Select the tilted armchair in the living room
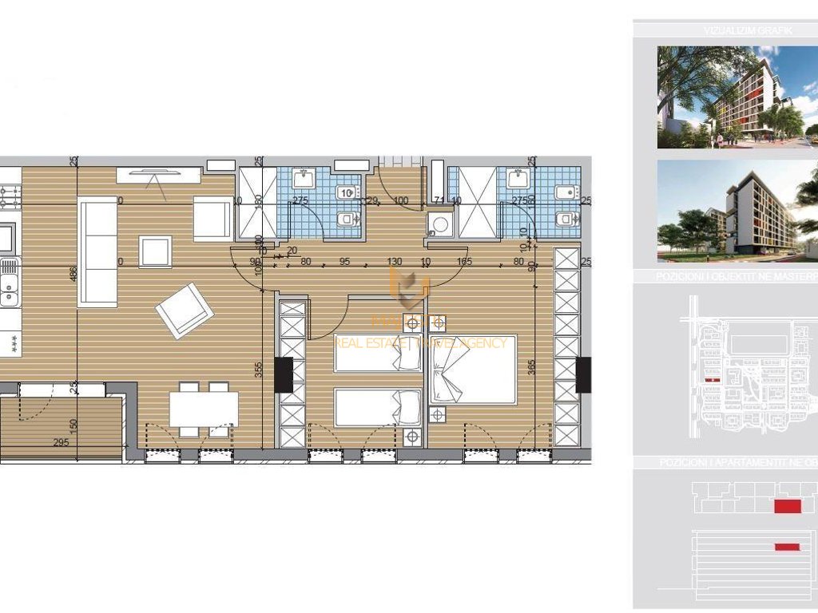coord(184,310)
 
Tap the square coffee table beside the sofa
coord(154,251)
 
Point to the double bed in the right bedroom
coord(472,370)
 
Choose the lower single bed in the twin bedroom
coord(377,407)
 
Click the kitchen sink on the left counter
coord(9,283)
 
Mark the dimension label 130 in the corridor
coord(395,260)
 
